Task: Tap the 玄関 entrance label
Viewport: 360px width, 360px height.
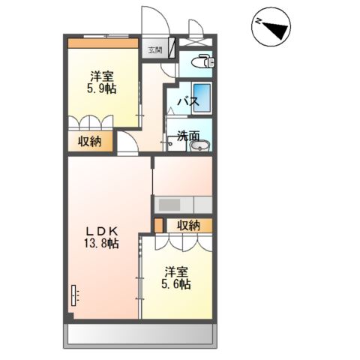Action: (154, 49)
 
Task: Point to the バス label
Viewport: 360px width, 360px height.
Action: (186, 102)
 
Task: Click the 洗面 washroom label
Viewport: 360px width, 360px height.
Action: (188, 136)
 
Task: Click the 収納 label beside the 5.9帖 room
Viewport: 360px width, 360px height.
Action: (89, 140)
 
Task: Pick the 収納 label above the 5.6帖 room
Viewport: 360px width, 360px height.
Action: (189, 225)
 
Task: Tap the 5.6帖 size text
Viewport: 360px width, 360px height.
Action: (175, 284)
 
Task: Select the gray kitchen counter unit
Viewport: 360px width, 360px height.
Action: (183, 203)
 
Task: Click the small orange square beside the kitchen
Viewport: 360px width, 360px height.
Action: (158, 224)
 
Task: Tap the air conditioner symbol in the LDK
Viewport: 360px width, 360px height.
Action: (74, 295)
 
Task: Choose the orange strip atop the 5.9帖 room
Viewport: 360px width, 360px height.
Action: (103, 43)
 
